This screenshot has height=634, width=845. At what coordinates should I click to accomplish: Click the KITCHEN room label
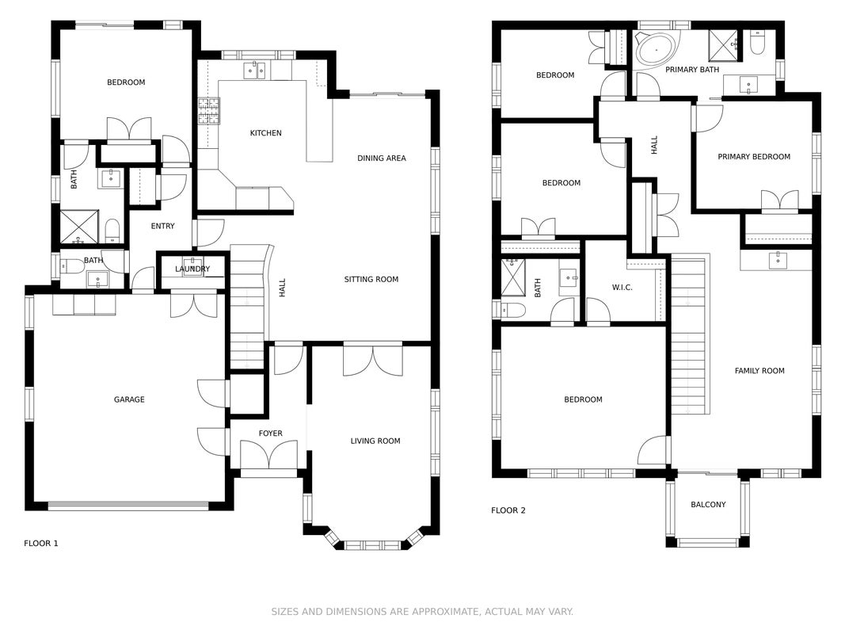pyautogui.click(x=265, y=133)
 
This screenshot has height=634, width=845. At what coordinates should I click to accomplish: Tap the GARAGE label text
pyautogui.click(x=129, y=399)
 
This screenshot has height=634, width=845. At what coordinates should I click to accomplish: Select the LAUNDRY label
pyautogui.click(x=192, y=269)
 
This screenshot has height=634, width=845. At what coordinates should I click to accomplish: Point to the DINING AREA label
pyautogui.click(x=382, y=158)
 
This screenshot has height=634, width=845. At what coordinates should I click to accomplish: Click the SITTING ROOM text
pyautogui.click(x=371, y=279)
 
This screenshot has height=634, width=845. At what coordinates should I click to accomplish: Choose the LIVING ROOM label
pyautogui.click(x=375, y=441)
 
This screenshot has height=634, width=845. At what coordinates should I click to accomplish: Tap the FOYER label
pyautogui.click(x=271, y=433)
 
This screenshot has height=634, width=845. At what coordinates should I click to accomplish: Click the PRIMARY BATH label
pyautogui.click(x=692, y=70)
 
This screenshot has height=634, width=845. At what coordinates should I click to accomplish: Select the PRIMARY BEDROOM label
pyautogui.click(x=754, y=157)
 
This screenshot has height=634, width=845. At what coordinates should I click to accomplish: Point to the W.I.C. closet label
pyautogui.click(x=622, y=288)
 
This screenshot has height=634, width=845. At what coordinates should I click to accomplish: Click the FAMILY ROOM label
pyautogui.click(x=759, y=371)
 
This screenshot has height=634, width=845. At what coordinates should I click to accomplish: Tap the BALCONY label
pyautogui.click(x=708, y=505)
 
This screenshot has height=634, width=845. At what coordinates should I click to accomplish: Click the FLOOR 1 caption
pyautogui.click(x=41, y=544)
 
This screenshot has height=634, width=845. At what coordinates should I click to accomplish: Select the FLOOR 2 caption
pyautogui.click(x=508, y=510)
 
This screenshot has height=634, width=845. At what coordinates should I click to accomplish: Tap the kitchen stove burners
pyautogui.click(x=209, y=111)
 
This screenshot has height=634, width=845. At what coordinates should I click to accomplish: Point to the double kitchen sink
pyautogui.click(x=254, y=70)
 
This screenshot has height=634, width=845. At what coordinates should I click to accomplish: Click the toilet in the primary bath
pyautogui.click(x=757, y=42)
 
